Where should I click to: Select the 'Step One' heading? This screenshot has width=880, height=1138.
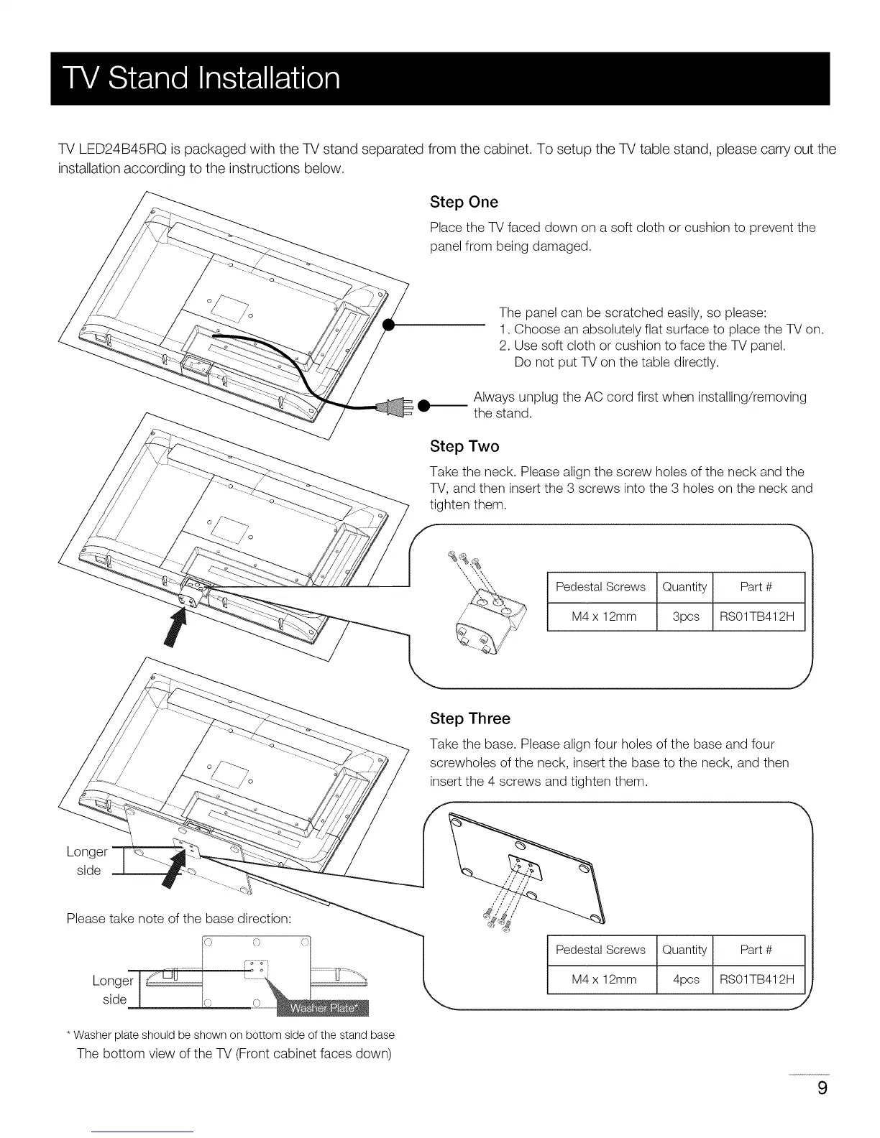[464, 202]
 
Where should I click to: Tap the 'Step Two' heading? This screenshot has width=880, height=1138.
[464, 446]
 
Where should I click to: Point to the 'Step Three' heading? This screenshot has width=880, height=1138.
[469, 718]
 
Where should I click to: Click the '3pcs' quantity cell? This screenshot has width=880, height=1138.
[685, 616]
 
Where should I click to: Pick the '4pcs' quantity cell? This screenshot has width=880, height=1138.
[685, 979]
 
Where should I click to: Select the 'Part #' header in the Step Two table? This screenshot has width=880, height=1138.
[756, 587]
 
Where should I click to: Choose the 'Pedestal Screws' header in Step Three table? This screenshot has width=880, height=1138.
[600, 950]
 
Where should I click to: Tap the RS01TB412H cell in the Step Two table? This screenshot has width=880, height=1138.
[756, 616]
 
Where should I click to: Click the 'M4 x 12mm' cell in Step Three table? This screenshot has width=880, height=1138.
[603, 979]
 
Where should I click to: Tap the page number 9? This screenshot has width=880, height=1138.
[822, 1088]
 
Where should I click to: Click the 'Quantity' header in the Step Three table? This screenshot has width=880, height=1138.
[685, 950]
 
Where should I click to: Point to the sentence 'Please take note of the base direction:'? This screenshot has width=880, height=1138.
[178, 919]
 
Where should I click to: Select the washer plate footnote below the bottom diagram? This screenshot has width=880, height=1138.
[230, 1035]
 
